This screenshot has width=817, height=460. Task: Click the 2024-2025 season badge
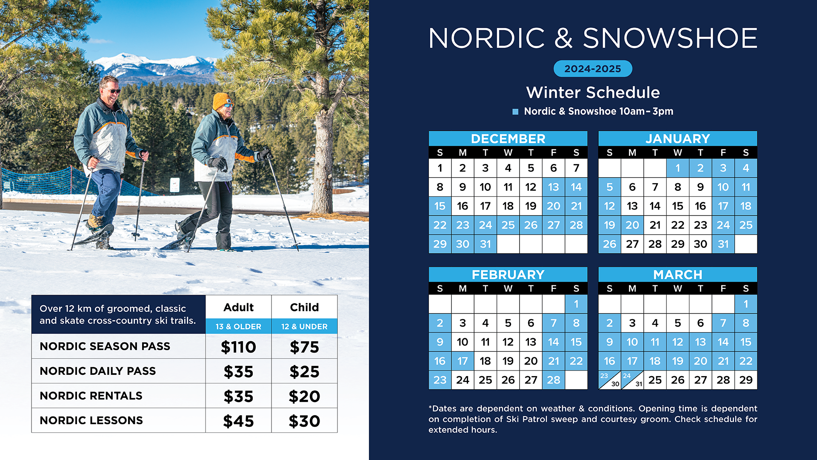593,69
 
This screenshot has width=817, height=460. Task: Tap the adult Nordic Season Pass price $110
238,347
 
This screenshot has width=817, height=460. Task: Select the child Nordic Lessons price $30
304,421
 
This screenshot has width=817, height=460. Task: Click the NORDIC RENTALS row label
91,396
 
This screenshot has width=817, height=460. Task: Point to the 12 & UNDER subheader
304,327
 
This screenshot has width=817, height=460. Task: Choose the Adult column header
238,307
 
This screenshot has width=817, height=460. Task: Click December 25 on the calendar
508,225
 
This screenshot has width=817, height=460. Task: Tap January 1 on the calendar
678,168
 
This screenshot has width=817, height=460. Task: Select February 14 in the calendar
553,342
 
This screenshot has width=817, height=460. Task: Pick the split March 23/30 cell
609,380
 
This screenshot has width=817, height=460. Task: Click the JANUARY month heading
678,138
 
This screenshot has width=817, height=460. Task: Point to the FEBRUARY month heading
508,275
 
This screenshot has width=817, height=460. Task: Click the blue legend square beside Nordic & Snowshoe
515,112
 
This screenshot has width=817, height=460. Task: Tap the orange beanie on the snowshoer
221,101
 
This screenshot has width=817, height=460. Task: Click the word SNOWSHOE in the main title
670,38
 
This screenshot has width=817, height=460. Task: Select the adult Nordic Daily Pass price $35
238,372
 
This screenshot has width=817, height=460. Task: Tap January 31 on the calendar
723,244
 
